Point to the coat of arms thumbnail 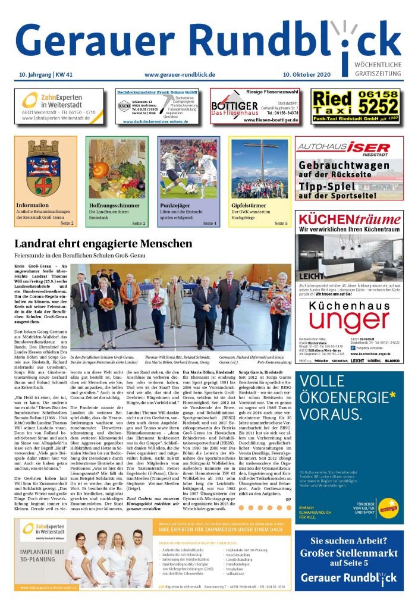coord(46,168)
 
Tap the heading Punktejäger coord(175,205)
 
